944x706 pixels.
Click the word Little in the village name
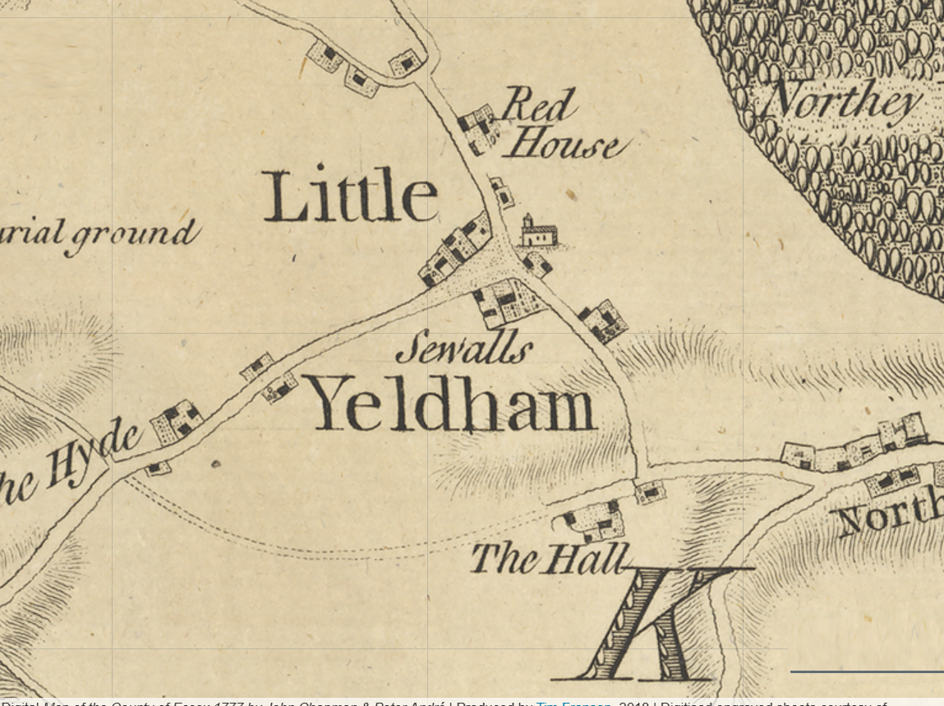(350, 197)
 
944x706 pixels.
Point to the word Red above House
(538, 105)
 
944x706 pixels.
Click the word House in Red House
(562, 145)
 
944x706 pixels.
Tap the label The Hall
(549, 559)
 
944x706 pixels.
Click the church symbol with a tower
(538, 233)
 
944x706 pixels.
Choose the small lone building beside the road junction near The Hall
(651, 491)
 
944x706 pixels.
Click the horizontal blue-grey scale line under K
(866, 671)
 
